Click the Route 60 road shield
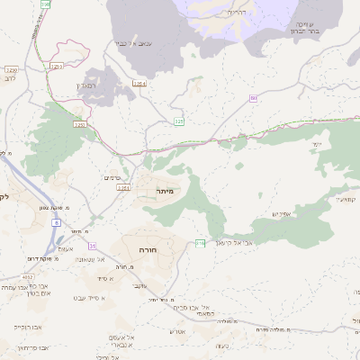coord(254,98)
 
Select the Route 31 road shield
coord(92,245)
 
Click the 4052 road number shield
coord(29,277)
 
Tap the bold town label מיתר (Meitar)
coord(164,191)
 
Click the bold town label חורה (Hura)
coord(148,248)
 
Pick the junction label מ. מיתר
coord(75,230)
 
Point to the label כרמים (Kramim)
coord(112,177)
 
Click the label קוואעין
coord(346,198)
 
